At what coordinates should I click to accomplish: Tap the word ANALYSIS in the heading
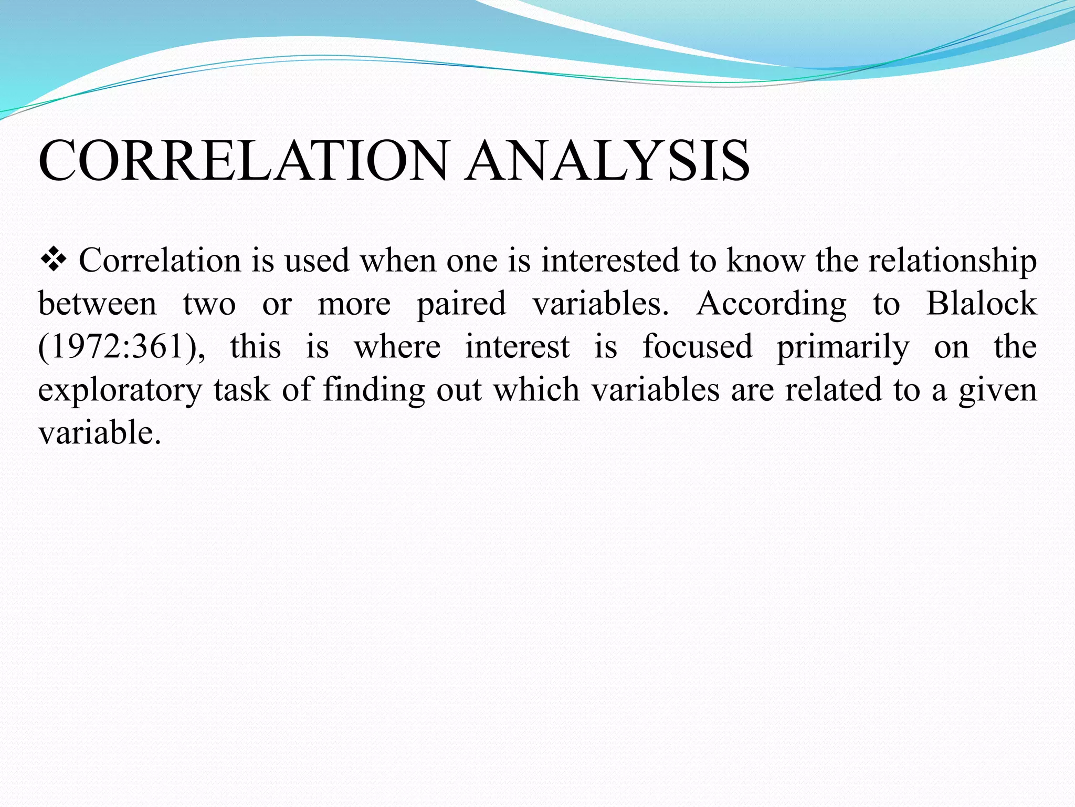pos(608,160)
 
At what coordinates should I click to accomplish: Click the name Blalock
pos(981,304)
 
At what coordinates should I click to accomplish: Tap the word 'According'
pos(771,305)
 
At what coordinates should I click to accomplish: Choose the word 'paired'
pos(461,305)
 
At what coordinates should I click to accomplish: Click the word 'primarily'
pos(843,348)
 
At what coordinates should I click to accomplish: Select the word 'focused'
pos(698,347)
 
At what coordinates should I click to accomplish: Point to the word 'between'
pos(98,304)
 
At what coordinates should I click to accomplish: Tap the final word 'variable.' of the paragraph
pos(99,433)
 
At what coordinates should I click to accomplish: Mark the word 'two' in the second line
pos(209,304)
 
